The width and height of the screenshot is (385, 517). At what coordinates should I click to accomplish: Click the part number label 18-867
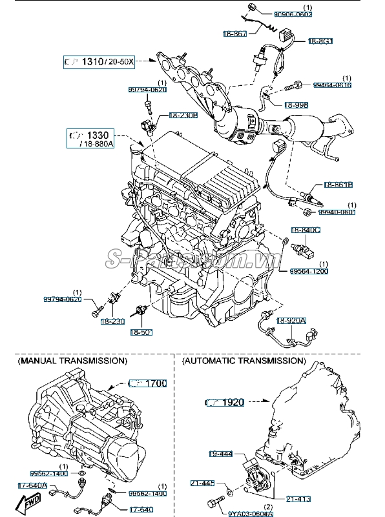point(235,33)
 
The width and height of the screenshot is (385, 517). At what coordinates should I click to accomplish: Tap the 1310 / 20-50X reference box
point(98,62)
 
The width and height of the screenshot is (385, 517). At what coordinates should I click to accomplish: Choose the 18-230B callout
point(183,116)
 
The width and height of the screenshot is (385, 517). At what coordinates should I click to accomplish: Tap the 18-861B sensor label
point(337,185)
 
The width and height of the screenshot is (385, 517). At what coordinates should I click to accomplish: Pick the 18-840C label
point(305,230)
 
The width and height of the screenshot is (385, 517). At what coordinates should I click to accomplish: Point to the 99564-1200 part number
point(309,271)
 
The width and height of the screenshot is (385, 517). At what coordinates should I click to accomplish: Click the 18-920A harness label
point(292,321)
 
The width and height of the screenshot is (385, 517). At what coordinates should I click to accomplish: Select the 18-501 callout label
point(140,332)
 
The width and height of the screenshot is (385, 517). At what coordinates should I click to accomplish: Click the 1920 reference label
point(225,402)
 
